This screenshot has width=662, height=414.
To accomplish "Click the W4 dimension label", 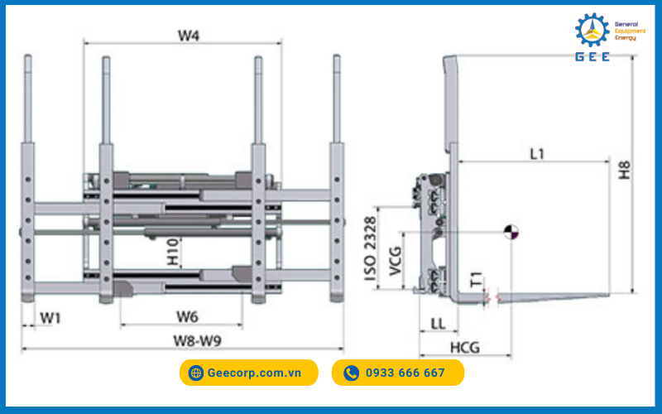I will click(x=189, y=36).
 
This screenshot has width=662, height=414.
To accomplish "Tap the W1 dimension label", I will click(x=50, y=317).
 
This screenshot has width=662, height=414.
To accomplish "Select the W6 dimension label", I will click(x=186, y=317).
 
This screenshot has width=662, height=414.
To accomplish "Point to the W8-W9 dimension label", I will click(x=196, y=340).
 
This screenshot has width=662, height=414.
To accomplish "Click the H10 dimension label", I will click(x=172, y=253).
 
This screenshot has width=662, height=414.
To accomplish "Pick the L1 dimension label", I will click(x=536, y=152).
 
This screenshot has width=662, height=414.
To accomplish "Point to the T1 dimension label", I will click(x=475, y=280).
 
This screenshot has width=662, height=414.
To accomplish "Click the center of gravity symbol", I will click(x=510, y=233).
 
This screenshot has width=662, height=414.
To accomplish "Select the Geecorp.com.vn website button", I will click(x=248, y=373).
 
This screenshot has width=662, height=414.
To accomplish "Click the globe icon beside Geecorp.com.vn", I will click(x=196, y=373).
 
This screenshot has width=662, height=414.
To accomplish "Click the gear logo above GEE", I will click(x=592, y=30).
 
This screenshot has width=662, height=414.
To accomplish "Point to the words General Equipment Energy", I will click(x=631, y=31).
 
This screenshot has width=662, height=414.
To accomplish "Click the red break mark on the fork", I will click(x=492, y=296).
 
